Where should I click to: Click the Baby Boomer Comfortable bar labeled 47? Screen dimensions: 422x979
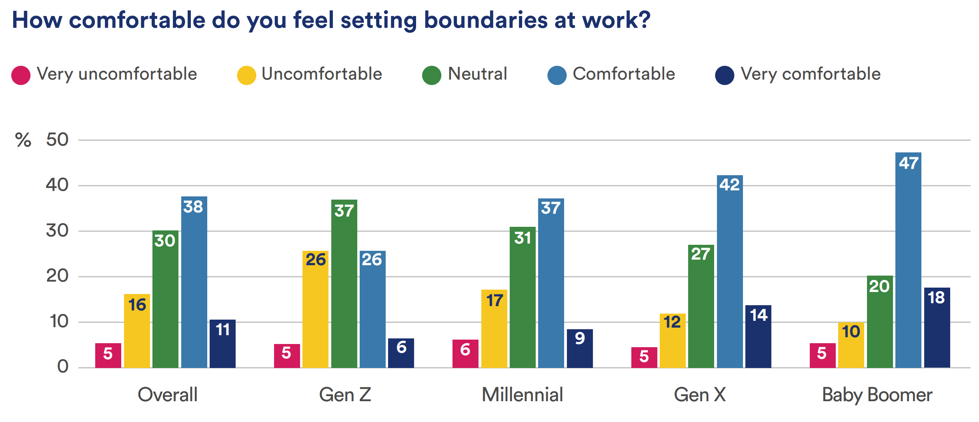coord(908,260)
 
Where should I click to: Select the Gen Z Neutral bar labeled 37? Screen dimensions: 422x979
coord(344,284)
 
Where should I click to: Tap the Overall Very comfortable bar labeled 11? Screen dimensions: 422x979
coord(222,344)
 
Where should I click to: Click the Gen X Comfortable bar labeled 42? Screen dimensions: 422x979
coord(730,272)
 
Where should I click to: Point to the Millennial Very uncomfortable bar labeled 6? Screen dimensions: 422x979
coord(465,354)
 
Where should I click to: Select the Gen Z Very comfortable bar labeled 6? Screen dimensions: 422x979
coord(401,353)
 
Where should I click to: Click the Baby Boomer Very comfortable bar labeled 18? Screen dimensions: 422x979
coord(937,328)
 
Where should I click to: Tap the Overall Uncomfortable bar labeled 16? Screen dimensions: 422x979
coord(137,331)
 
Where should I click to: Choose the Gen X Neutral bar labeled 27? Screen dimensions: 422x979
coord(701,306)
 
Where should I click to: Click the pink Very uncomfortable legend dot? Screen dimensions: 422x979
coord(21,75)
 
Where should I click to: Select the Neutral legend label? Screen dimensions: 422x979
coord(477,74)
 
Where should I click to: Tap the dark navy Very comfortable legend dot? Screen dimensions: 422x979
coord(725,75)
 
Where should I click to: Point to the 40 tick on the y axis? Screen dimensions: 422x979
coord(57,185)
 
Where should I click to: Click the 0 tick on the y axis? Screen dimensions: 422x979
coord(63,366)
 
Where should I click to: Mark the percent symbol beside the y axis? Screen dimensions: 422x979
coord(23,140)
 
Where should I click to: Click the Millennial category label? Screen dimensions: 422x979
coord(522,395)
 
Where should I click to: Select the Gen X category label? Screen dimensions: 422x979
coord(700,395)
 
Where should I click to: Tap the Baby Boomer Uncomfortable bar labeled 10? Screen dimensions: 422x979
coord(851,345)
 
